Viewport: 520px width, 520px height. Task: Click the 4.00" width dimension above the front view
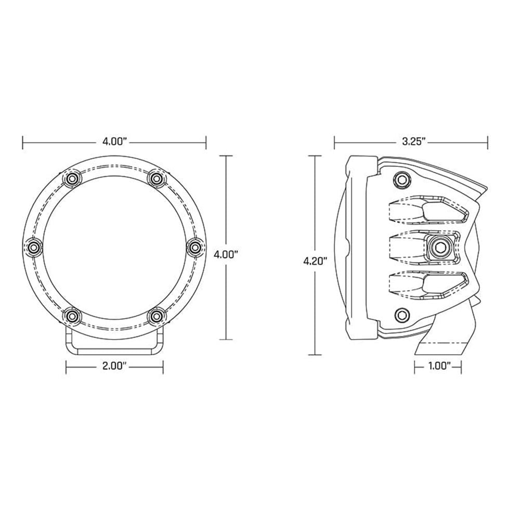(x=114, y=142)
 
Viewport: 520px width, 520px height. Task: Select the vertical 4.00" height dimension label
(x=226, y=255)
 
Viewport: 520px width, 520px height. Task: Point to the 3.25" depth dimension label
(x=413, y=142)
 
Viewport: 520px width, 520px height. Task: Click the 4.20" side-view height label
(x=316, y=261)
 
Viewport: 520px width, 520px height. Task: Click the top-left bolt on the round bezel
(x=72, y=179)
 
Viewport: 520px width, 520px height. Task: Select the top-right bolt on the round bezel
(x=155, y=179)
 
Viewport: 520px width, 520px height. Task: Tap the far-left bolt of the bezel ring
(x=33, y=247)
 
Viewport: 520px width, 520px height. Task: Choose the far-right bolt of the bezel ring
(x=195, y=247)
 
